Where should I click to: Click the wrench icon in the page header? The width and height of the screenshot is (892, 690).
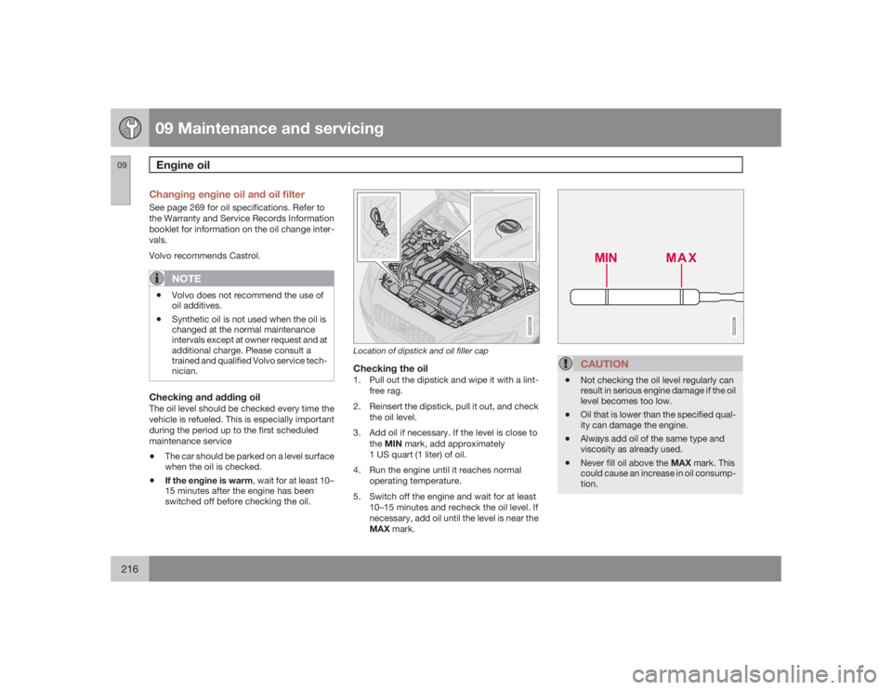click(x=129, y=128)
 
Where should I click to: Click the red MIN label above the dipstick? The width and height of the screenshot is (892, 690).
click(x=606, y=256)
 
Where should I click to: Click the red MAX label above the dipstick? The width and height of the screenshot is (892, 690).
click(x=680, y=256)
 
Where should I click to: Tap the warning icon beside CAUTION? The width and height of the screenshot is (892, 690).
click(x=573, y=363)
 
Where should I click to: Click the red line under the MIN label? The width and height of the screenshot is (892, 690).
click(x=606, y=277)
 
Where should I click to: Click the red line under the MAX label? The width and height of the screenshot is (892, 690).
click(x=680, y=277)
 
